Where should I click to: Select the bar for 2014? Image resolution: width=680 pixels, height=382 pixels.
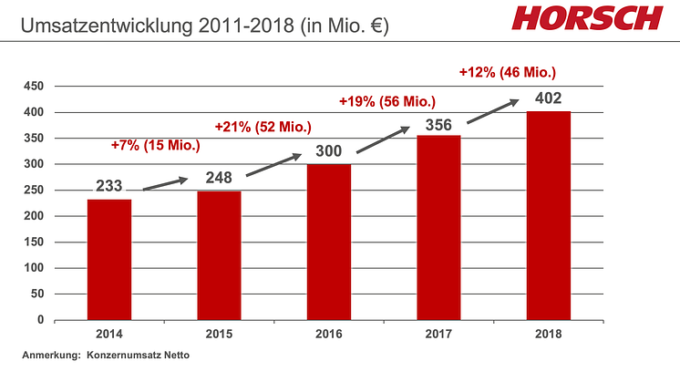pos(109,260)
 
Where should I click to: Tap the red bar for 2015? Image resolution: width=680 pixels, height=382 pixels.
pos(219,256)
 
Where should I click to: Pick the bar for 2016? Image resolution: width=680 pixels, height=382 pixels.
pos(328,243)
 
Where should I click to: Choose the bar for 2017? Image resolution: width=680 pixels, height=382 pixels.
pos(438,228)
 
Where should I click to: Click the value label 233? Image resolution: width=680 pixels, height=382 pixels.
pos(110,186)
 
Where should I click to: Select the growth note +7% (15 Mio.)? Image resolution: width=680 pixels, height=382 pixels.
pos(156,145)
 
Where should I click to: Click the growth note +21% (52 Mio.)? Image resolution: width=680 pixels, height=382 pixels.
pos(263,126)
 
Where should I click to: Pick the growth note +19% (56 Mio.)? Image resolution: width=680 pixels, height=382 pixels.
pos(386,100)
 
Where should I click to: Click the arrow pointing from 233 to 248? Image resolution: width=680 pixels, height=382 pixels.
pos(165,182)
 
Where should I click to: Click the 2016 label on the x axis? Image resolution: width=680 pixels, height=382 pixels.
pos(328,335)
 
